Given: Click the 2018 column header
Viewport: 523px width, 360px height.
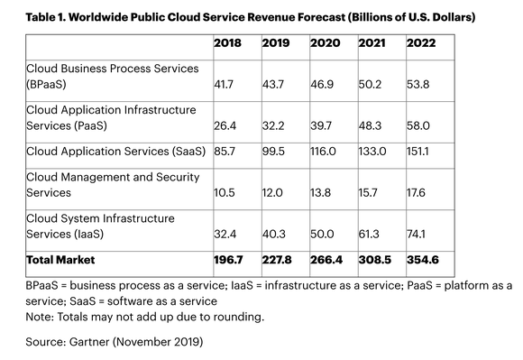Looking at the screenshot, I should (x=227, y=43).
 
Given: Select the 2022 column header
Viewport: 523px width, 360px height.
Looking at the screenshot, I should (x=421, y=43).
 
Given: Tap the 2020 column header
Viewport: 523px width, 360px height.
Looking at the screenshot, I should (x=325, y=43).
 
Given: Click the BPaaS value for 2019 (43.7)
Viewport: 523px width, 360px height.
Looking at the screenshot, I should (x=275, y=82).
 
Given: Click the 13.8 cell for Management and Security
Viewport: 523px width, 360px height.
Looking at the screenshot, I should (x=323, y=193).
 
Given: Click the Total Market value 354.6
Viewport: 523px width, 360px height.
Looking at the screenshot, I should (x=423, y=261).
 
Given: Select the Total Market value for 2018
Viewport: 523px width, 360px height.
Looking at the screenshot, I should (x=229, y=261).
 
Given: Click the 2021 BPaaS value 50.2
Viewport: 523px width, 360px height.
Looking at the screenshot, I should (x=372, y=82).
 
